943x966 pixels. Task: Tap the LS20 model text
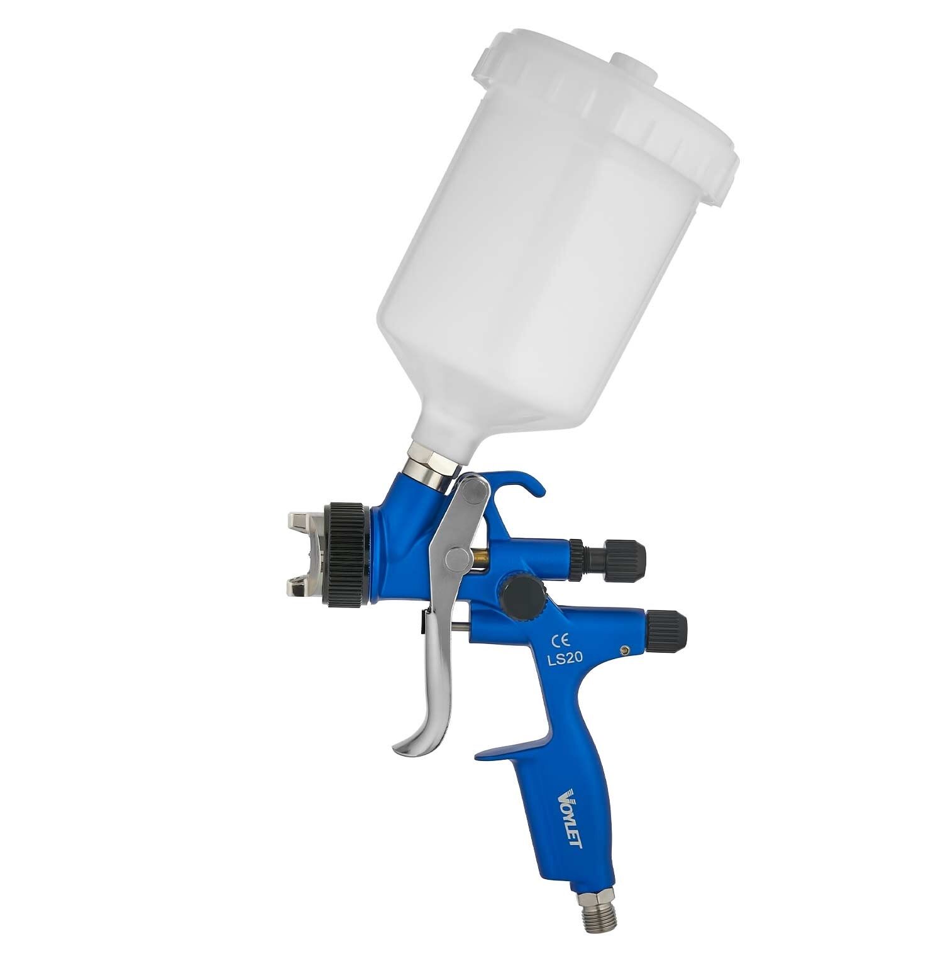566,658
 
